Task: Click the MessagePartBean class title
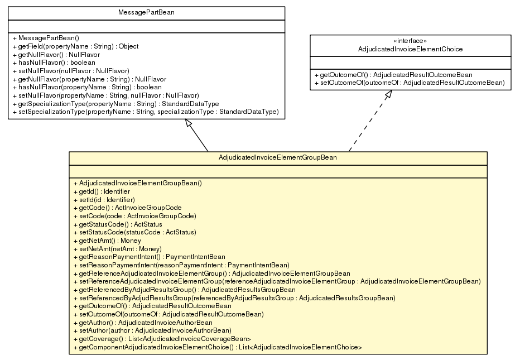click(x=147, y=12)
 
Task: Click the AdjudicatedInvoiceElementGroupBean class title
click(x=277, y=158)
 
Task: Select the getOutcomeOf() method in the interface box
click(x=393, y=75)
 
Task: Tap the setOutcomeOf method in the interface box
click(x=409, y=83)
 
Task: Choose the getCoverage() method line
click(x=161, y=339)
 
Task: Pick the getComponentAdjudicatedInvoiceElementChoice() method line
click(x=217, y=347)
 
